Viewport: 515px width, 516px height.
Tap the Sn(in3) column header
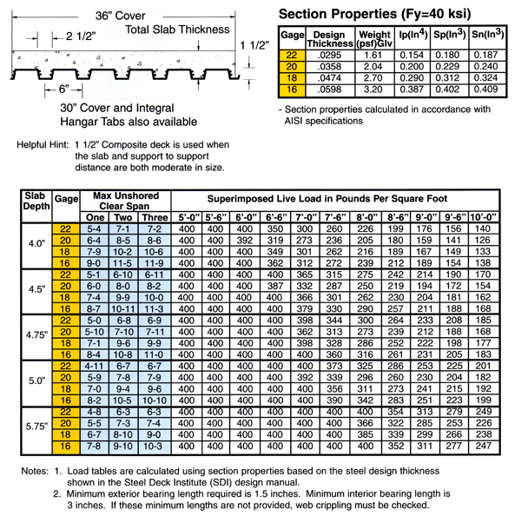[x=489, y=35]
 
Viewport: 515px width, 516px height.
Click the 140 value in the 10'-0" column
[x=485, y=228]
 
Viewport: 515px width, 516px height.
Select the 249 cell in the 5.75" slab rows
[x=485, y=410]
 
